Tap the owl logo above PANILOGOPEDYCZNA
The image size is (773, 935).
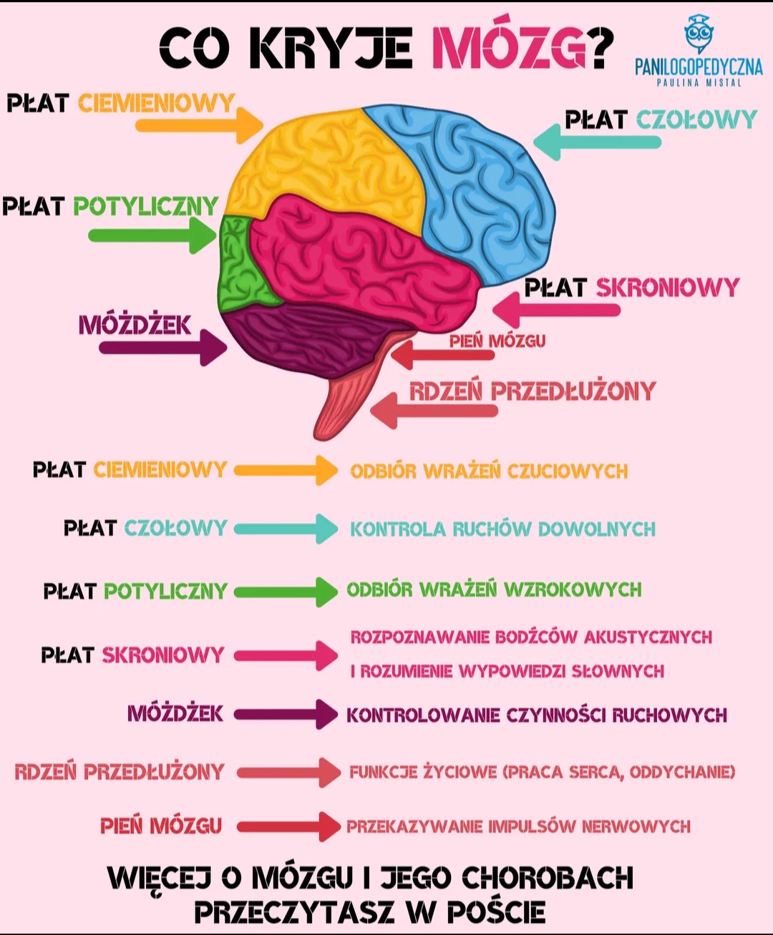[x=699, y=34]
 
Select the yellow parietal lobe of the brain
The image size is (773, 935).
[x=329, y=165]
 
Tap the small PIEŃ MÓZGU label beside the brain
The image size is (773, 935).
[x=497, y=341]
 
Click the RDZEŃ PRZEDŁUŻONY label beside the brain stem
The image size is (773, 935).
[x=533, y=391]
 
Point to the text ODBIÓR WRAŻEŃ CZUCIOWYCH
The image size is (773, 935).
[x=489, y=471]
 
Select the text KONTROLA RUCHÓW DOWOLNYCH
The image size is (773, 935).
[x=502, y=529]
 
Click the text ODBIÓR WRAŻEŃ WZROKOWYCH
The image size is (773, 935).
[x=494, y=589]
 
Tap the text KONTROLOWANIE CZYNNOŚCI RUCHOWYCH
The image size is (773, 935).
[x=537, y=715]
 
